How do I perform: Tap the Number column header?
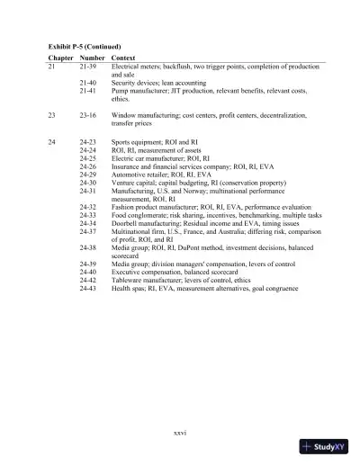pyautogui.click(x=93, y=58)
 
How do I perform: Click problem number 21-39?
pyautogui.click(x=88, y=67)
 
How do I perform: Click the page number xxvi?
pyautogui.click(x=179, y=433)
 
